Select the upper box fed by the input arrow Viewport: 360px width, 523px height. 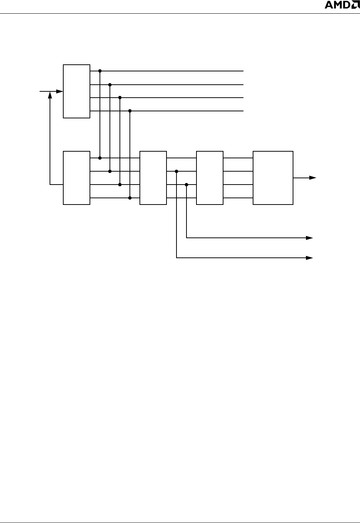(77, 91)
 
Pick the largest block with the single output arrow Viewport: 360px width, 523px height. (273, 178)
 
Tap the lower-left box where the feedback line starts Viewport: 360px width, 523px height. (77, 178)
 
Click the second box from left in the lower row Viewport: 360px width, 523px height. (153, 178)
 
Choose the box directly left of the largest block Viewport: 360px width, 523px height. (210, 178)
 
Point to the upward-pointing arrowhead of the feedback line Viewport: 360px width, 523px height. (50, 95)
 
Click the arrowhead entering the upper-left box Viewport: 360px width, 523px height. (60, 91)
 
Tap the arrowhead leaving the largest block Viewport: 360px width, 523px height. (313, 178)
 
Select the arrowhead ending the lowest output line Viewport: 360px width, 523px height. (310, 257)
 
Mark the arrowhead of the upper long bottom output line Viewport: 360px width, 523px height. (310, 238)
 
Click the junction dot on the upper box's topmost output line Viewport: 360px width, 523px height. (100, 71)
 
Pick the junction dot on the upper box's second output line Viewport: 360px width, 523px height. (110, 84)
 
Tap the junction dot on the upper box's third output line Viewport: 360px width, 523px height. (120, 98)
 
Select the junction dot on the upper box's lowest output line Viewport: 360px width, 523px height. (130, 111)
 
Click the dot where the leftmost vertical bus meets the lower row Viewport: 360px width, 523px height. (100, 158)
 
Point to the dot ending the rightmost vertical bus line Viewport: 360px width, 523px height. (130, 198)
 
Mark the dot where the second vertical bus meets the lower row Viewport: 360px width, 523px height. (110, 171)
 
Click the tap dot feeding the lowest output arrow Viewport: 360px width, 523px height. (176, 171)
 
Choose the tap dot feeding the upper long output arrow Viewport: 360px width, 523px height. (186, 185)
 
